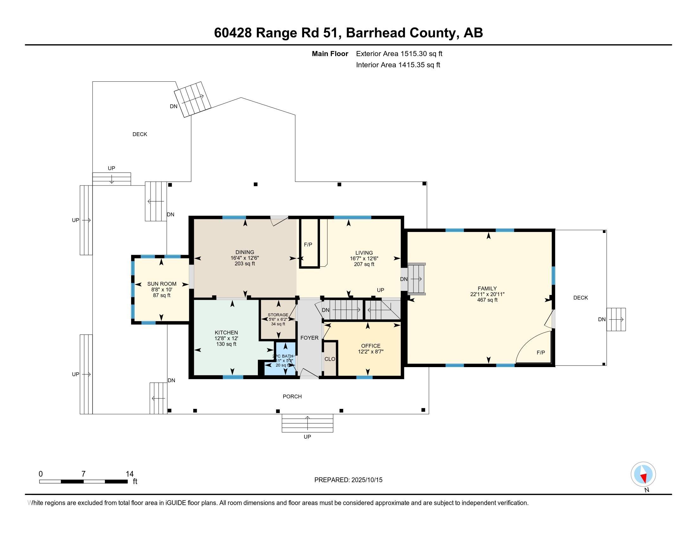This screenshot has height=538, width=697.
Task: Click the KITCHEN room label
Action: (226, 332)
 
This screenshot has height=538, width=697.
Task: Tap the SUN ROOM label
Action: (162, 284)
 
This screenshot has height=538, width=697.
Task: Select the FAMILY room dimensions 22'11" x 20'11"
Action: (487, 294)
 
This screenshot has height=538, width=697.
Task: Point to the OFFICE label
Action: (371, 346)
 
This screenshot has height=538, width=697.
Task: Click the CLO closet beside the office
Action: (330, 359)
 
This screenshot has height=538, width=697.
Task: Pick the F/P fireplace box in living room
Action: (309, 244)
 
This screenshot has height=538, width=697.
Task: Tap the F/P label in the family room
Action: (540, 353)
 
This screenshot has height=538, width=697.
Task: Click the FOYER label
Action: (309, 338)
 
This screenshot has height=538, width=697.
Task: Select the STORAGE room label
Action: (278, 315)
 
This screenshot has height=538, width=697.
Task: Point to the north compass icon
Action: (643, 474)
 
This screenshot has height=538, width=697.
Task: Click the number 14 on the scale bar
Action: (130, 474)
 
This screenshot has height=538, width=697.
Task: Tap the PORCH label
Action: (292, 397)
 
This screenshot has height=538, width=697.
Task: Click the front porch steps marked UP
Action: (307, 423)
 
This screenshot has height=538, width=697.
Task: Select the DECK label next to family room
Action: (580, 298)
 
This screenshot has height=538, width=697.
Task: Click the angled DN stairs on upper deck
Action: (192, 99)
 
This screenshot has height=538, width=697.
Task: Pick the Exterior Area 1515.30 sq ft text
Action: (399, 53)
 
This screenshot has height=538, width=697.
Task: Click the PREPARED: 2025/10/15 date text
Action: (348, 480)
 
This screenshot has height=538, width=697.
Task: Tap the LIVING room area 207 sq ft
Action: (364, 264)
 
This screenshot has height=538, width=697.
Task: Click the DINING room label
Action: (245, 252)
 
